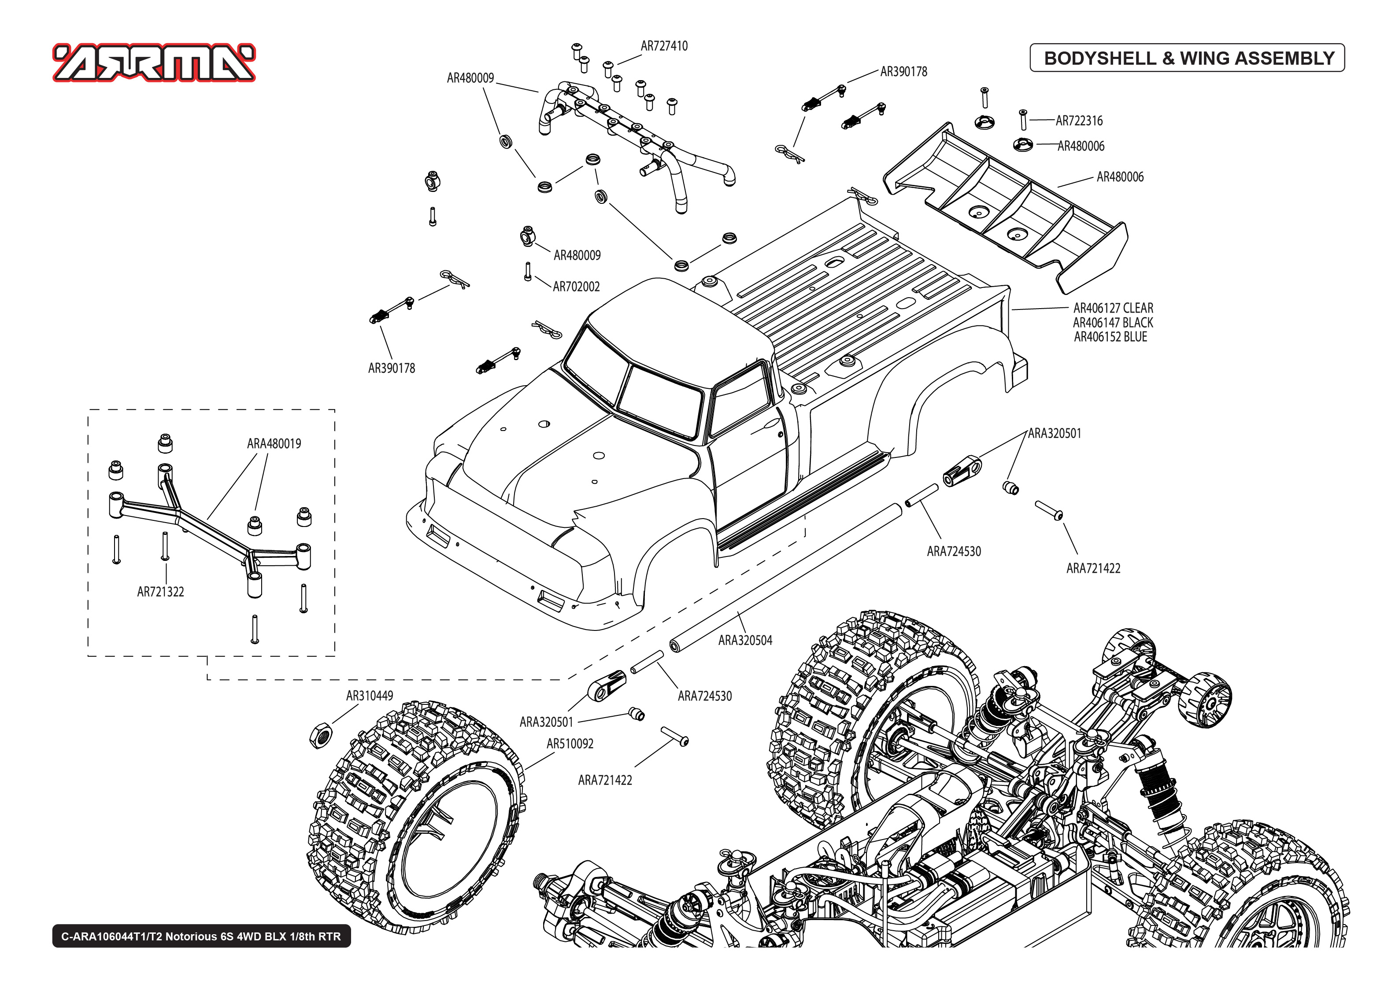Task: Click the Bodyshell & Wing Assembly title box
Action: (x=1187, y=58)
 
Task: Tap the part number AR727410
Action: (x=664, y=46)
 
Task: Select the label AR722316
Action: (x=1079, y=121)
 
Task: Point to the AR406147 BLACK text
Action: (x=1113, y=323)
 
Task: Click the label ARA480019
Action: (x=274, y=444)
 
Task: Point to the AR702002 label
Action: (x=576, y=287)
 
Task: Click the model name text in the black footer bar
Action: (x=201, y=936)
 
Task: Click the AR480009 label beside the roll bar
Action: (x=470, y=78)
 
